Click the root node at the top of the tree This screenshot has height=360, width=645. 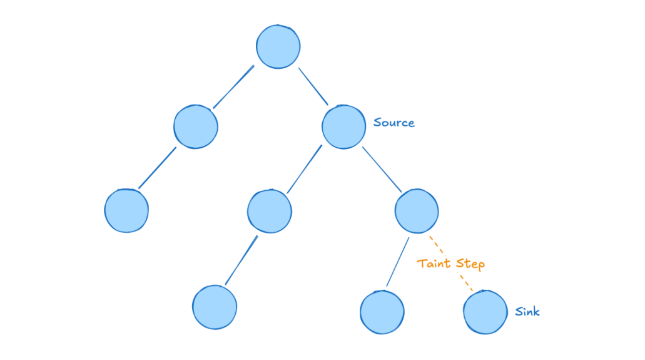278,47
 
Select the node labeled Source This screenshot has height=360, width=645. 343,127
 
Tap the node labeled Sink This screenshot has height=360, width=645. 485,312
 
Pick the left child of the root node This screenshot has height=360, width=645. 196,126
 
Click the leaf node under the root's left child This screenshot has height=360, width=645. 126,210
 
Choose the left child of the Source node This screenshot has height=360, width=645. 269,210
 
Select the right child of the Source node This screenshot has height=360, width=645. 417,210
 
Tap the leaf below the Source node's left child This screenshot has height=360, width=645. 215,307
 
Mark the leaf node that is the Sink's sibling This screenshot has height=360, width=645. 382,312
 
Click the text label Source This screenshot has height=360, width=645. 394,123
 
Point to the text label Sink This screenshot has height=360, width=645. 527,311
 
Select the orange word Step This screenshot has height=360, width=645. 470,264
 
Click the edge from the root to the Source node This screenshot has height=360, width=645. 313,86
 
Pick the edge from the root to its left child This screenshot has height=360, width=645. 233,86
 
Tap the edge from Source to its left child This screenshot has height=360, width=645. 304,168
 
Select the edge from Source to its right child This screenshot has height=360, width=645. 382,168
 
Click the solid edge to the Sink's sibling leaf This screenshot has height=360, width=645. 397,262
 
